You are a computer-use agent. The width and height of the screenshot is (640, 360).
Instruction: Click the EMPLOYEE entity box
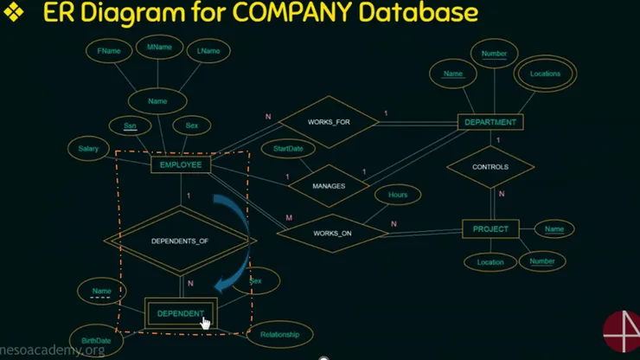[180, 164]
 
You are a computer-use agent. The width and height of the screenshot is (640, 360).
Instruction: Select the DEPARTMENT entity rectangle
[490, 122]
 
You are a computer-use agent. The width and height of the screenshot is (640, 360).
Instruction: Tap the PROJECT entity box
[490, 229]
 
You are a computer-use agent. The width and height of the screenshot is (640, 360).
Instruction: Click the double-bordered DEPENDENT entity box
[180, 313]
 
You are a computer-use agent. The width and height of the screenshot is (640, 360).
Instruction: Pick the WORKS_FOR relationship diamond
[329, 121]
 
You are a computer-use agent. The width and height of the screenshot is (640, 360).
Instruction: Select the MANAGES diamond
[329, 185]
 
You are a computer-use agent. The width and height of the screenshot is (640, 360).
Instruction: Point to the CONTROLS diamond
[490, 166]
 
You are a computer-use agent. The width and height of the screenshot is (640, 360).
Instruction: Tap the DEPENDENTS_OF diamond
[180, 241]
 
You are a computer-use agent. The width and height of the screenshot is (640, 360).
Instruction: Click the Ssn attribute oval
[130, 126]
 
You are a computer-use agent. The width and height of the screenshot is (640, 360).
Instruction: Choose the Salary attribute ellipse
[82, 150]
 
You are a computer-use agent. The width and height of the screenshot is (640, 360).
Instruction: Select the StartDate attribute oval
[288, 149]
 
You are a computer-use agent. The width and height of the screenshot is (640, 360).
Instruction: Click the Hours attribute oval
[398, 195]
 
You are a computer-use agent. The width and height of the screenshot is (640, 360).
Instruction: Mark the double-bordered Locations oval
[545, 74]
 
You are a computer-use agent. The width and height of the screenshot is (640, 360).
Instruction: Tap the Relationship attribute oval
[279, 334]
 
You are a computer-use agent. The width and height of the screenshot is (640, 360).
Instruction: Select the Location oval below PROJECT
[490, 260]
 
